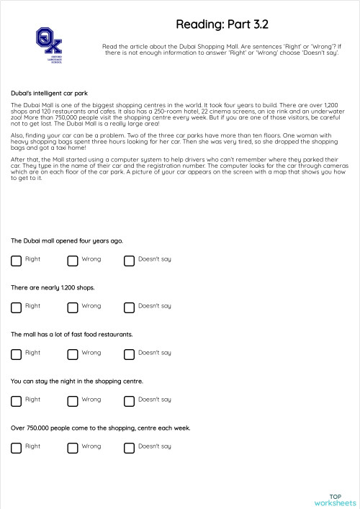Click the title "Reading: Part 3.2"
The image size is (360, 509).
coord(222,24)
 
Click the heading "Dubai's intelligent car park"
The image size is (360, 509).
coord(50,94)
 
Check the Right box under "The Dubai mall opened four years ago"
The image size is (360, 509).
coord(16,261)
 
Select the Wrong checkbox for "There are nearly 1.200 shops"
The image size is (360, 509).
coord(73,307)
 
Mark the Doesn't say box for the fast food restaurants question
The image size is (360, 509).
coord(130,354)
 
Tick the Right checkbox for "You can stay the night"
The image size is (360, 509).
coord(16,401)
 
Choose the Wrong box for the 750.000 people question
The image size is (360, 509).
coord(73,448)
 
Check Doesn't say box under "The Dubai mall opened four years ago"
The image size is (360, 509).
coord(130,261)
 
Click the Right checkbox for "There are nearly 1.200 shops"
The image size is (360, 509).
coord(16,307)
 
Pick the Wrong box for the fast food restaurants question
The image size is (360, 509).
coord(73,354)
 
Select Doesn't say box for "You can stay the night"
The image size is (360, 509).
coord(130,401)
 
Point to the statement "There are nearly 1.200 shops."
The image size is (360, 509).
coord(53,288)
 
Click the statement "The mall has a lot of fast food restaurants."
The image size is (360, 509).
coord(71,335)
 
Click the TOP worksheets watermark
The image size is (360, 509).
coord(335,500)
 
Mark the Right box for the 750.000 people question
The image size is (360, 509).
coord(16,448)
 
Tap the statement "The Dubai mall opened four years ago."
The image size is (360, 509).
coord(67,241)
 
